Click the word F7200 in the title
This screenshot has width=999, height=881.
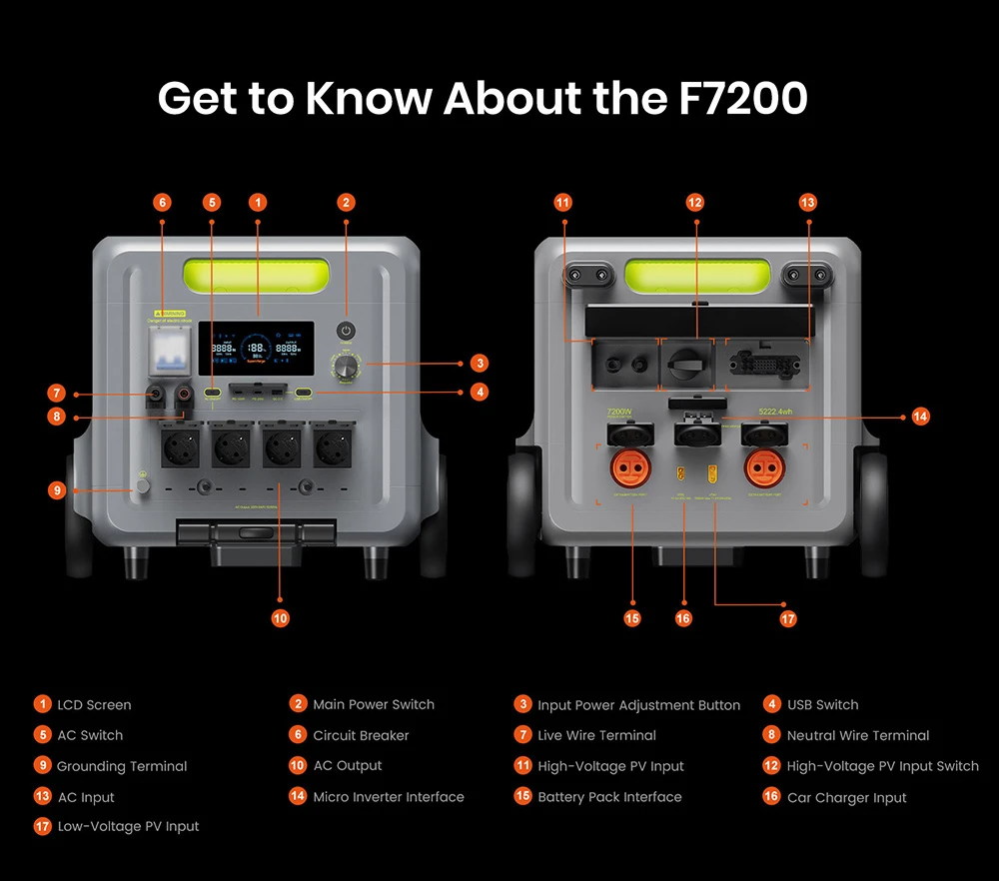click(x=736, y=98)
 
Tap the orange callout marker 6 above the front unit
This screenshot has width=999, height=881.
click(x=162, y=202)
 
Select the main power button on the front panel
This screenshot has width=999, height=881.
click(x=347, y=331)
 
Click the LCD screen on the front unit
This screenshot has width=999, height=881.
click(x=257, y=348)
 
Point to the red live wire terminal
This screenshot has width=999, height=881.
click(x=157, y=395)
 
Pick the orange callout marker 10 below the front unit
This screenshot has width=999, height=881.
click(x=280, y=618)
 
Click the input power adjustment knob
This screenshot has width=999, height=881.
click(x=347, y=366)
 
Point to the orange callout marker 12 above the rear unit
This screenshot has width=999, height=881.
click(x=695, y=202)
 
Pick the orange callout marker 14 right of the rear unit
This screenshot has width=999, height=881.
click(x=920, y=417)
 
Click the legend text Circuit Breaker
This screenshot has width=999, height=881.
click(x=361, y=735)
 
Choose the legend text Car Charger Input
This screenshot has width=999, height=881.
click(x=846, y=797)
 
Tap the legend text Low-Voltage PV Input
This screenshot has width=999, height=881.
click(x=128, y=826)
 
